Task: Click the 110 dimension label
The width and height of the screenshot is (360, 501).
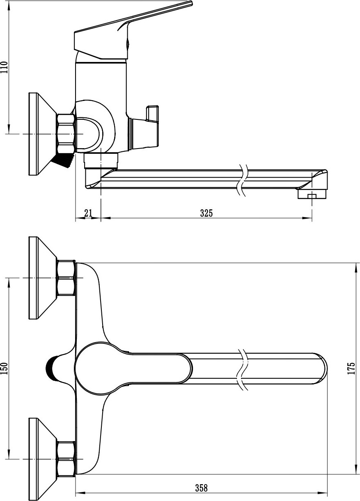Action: (x=5, y=67)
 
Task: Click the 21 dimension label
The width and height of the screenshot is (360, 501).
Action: (x=88, y=213)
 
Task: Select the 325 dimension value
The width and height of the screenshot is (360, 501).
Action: (x=206, y=213)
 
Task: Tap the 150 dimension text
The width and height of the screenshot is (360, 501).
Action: (x=5, y=368)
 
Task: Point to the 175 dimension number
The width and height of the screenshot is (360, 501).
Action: (x=351, y=368)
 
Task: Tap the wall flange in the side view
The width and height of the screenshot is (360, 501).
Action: (x=43, y=134)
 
